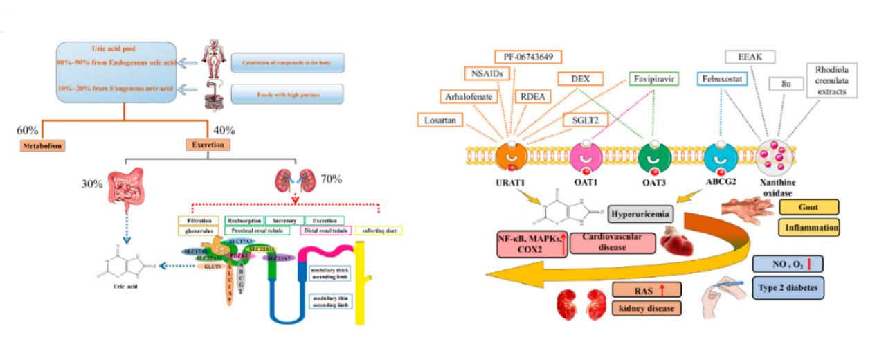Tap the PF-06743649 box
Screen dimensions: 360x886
tap(529, 57)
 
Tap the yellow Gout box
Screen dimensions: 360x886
tap(808, 206)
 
